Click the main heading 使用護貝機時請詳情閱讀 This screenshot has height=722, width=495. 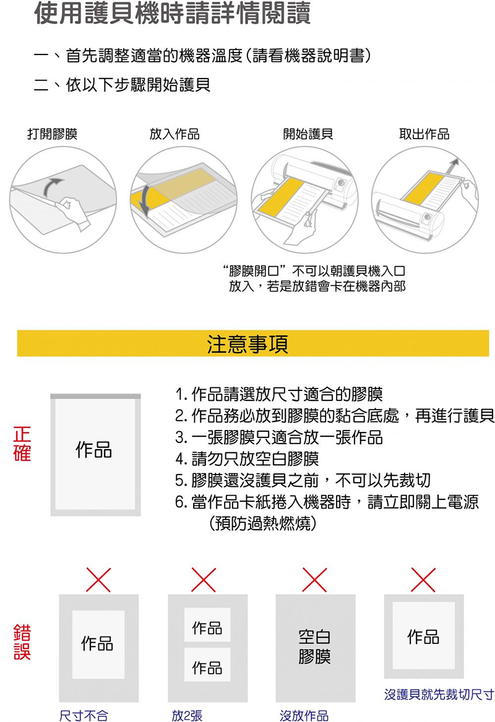(x=173, y=15)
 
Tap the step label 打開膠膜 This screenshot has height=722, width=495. (x=53, y=134)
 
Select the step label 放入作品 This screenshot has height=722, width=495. (x=174, y=134)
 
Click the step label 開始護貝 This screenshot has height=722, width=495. (x=308, y=134)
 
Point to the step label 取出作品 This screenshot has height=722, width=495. (x=424, y=134)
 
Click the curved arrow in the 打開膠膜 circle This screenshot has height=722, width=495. (x=54, y=184)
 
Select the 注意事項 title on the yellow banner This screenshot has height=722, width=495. (x=247, y=344)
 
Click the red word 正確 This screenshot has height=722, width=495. (x=22, y=443)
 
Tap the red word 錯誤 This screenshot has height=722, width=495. (x=22, y=642)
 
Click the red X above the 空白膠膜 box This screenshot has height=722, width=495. (x=314, y=580)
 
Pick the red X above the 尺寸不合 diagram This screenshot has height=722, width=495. (x=98, y=580)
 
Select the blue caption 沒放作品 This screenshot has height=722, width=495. (x=304, y=716)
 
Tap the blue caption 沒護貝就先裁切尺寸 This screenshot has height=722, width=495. (x=439, y=694)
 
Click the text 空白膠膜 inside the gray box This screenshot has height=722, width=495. (x=314, y=647)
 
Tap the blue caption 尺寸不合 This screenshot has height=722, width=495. (x=83, y=716)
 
